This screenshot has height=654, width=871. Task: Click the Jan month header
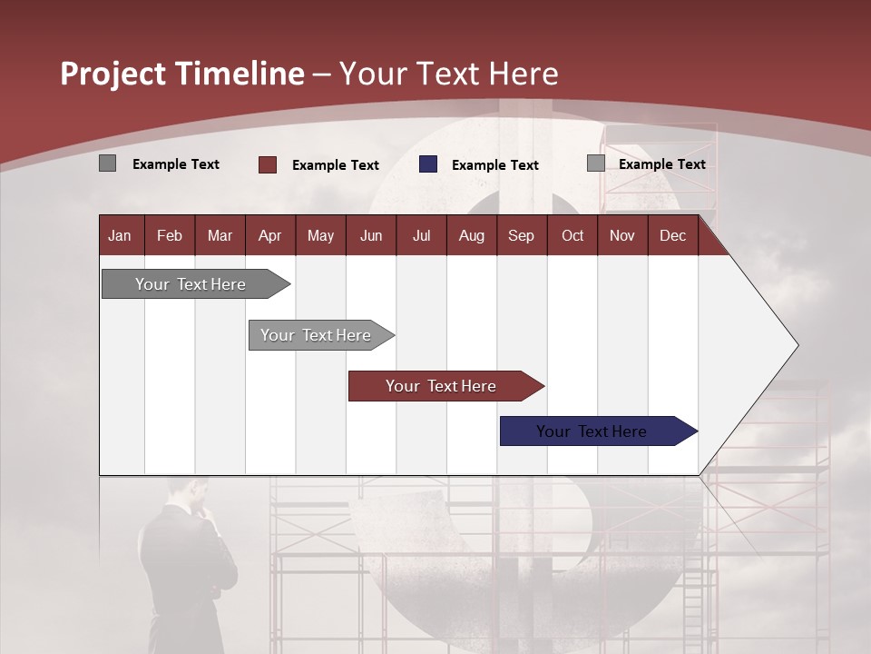click(x=120, y=236)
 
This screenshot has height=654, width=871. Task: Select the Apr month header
click(x=269, y=236)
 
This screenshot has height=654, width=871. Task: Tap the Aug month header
click(x=471, y=236)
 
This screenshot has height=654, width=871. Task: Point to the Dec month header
click(x=672, y=236)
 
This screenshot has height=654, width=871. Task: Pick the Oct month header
click(x=572, y=236)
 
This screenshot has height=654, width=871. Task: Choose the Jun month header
click(x=370, y=236)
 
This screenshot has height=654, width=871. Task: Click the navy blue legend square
click(x=428, y=164)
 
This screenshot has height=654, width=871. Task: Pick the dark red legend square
click(x=268, y=164)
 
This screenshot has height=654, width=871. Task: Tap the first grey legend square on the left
click(x=107, y=163)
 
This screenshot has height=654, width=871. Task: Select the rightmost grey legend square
click(x=595, y=163)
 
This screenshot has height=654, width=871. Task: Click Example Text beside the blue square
click(x=494, y=165)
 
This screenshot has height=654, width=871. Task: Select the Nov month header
click(x=621, y=236)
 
